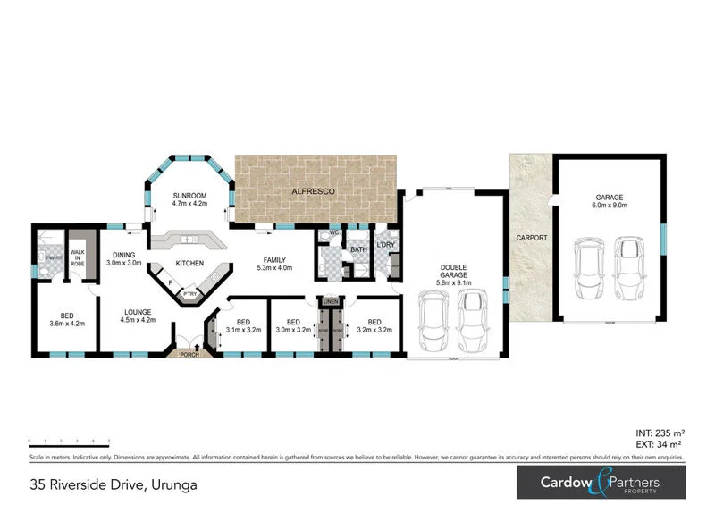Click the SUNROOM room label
[x=189, y=195]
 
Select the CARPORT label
[x=530, y=239]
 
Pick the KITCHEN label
[x=189, y=264]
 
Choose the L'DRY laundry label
[x=386, y=245]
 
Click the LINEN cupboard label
[x=330, y=301]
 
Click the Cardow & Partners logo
[x=600, y=484]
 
